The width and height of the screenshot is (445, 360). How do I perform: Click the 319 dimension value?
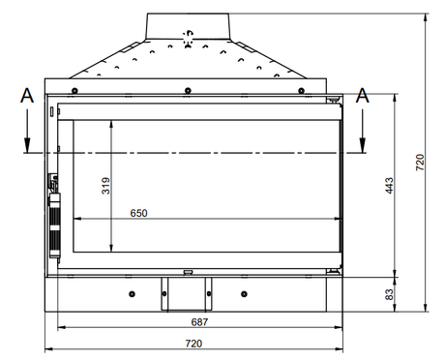105,186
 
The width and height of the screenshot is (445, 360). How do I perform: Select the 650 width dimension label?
138,213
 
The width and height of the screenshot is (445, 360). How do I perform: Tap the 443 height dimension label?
389,186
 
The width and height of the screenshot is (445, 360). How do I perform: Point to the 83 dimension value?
389,294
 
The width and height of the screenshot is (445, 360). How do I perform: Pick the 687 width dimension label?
199,322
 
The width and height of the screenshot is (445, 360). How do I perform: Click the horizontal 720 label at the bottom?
193,344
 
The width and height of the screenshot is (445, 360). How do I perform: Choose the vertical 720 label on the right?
420,163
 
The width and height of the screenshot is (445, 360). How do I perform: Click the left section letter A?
27,96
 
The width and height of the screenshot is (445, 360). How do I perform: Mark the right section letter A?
363,96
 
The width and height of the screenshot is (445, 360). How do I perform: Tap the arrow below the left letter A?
27,131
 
